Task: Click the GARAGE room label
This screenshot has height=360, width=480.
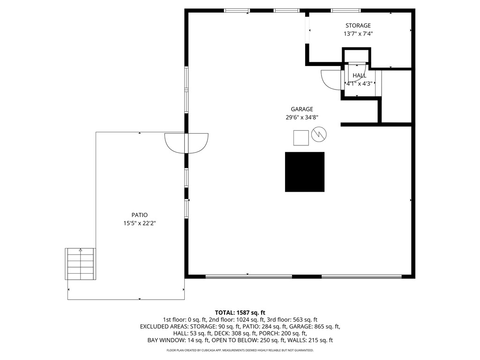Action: point(301,109)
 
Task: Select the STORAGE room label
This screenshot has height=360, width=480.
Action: point(358,26)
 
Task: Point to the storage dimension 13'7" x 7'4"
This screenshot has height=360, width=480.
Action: point(358,34)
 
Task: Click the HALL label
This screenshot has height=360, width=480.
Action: point(360,75)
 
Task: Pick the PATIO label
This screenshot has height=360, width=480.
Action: point(139,215)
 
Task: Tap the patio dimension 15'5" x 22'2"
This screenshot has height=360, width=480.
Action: point(139,224)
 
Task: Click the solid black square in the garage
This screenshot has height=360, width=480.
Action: point(305,172)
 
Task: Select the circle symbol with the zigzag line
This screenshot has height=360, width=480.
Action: point(319,135)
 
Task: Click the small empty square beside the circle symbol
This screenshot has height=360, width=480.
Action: point(301,138)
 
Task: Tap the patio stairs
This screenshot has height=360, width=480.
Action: point(80,264)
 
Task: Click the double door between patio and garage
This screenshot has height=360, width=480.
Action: point(186,143)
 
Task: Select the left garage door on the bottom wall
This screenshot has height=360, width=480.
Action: point(248,277)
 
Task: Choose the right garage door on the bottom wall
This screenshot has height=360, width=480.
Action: point(361,277)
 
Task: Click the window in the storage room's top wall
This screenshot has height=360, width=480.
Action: point(345,10)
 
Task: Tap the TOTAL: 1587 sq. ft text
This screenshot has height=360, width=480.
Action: point(240,313)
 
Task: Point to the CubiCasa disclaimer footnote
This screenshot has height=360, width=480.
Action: point(240,350)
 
